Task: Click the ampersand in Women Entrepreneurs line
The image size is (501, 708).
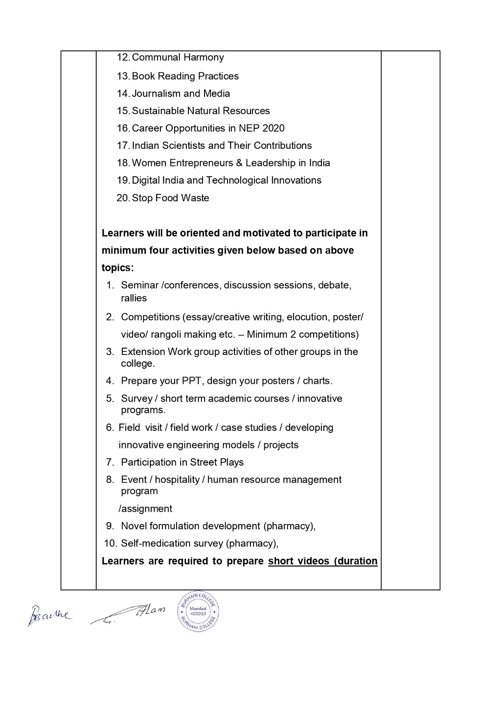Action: click(239, 163)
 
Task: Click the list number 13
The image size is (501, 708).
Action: click(122, 76)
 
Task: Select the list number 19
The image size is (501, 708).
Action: click(122, 181)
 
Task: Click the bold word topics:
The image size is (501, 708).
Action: click(117, 268)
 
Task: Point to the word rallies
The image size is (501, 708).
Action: click(134, 298)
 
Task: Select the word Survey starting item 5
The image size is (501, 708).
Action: click(137, 399)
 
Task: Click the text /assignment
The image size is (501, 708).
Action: click(145, 509)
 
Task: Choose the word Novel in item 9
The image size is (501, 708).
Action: click(134, 526)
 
